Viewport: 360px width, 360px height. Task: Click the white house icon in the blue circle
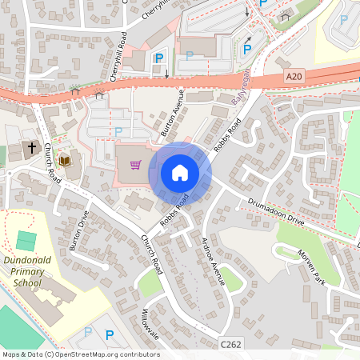(180, 173)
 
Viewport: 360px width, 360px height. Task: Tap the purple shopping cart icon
(135, 166)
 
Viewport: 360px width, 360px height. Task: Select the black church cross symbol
(33, 148)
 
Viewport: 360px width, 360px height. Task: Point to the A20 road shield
(294, 76)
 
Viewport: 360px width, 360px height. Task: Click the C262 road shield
(231, 342)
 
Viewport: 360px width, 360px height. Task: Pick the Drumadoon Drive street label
(276, 210)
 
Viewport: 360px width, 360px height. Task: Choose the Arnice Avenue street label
(211, 260)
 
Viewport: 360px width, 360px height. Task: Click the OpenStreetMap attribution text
(80, 354)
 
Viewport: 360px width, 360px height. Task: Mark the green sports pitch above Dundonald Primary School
(26, 239)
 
